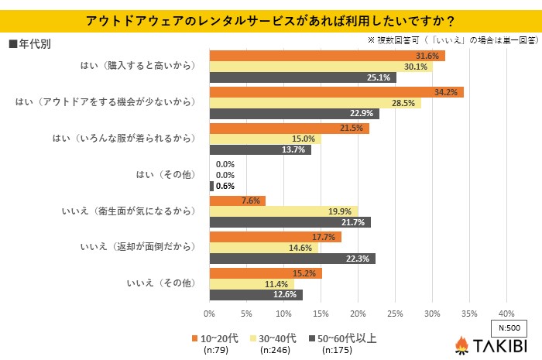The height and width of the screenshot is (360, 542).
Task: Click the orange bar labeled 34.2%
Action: tap(336, 92)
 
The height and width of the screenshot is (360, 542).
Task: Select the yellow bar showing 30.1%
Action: tap(321, 67)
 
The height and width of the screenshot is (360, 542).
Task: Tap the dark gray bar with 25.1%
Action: tap(302, 77)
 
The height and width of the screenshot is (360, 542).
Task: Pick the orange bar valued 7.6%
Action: tap(237, 201)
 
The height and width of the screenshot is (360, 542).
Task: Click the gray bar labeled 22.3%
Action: tap(292, 259)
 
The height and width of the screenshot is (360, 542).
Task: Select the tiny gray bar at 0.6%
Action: tap(211, 186)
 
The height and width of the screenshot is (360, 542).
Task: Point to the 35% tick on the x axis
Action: tap(468, 314)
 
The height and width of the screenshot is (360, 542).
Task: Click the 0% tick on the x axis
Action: tap(209, 314)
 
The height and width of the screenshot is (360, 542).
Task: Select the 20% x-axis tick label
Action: tap(357, 314)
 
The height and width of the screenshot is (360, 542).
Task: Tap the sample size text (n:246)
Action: tap(281, 350)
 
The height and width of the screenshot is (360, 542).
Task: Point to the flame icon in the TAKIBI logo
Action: tap(461, 344)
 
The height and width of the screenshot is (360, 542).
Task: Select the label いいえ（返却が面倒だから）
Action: tap(137, 248)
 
